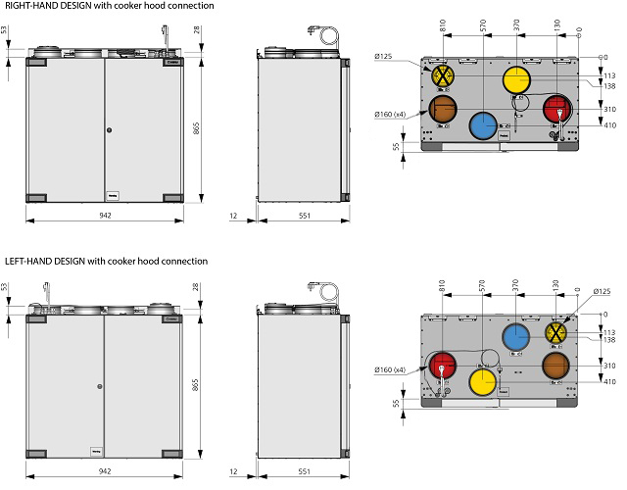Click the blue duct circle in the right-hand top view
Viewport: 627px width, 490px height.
coord(484,126)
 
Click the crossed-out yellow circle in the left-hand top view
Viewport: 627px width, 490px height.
coord(557,333)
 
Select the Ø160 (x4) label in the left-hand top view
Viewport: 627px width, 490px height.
coord(390,369)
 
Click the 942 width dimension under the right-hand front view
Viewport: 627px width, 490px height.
coord(105,215)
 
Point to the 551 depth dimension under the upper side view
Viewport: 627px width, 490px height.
coord(304,215)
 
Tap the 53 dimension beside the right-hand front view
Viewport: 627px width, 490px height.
coord(5,30)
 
